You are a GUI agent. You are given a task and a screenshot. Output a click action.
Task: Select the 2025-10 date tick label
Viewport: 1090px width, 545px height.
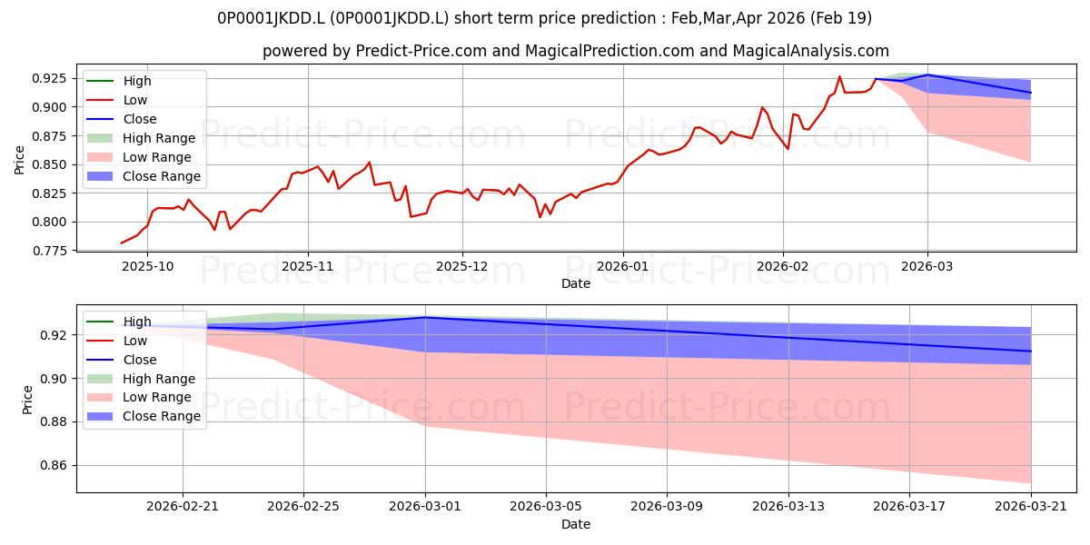point(147,267)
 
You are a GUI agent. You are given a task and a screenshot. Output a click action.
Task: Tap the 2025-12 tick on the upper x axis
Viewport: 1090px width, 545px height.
point(462,267)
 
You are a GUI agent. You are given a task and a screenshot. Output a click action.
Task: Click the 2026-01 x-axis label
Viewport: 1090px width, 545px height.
point(623,267)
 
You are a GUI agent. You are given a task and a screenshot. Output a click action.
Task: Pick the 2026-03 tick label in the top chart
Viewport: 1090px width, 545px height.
point(927,267)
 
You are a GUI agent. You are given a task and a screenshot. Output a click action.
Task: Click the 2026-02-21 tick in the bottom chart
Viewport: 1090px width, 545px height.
point(183,507)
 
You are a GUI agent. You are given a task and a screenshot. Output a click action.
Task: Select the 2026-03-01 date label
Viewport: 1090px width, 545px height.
point(425,507)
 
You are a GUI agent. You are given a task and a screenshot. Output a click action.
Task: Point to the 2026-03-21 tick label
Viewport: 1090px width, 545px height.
point(1031,507)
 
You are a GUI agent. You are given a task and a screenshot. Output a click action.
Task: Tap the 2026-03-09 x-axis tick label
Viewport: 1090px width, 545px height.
point(667,507)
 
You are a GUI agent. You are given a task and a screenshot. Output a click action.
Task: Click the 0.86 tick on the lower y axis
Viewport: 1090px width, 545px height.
point(53,466)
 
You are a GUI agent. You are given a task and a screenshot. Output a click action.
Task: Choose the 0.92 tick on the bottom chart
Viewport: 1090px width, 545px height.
point(53,335)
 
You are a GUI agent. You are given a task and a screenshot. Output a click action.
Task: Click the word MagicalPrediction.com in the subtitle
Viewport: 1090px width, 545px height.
point(609,51)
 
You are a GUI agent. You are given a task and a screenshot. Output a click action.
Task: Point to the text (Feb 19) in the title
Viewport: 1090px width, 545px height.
point(841,18)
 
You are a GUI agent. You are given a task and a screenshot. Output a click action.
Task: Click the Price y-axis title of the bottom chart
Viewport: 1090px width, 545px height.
point(27,400)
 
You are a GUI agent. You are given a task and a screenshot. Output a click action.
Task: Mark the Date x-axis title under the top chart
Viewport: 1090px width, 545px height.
point(576,283)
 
